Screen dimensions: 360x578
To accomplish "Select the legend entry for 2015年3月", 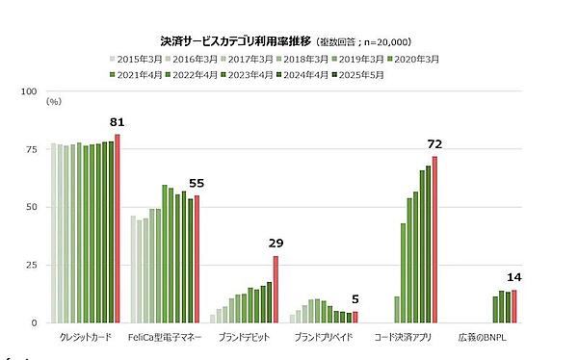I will (139, 60).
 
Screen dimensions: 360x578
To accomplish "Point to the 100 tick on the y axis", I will (28, 92).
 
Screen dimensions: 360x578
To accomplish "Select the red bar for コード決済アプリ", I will (435, 240).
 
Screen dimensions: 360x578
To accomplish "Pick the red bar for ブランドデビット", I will (276, 289).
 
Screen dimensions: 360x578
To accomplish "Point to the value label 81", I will (118, 123).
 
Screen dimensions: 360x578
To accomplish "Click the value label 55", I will (197, 183).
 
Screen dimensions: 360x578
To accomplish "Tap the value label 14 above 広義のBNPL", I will (515, 277).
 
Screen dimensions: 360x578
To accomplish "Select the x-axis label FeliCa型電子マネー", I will (164, 339).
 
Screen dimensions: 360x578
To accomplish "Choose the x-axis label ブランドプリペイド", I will (323, 339).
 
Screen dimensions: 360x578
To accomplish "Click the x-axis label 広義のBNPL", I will (482, 339).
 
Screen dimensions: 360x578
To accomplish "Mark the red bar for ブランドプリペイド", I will (355, 317).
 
